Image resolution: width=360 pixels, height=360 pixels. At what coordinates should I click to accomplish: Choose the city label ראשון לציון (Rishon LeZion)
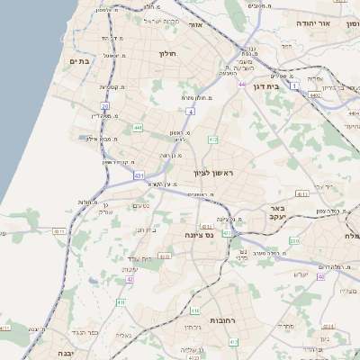click(213, 172)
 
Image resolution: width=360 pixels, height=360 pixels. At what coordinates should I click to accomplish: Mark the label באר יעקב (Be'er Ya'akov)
click(276, 212)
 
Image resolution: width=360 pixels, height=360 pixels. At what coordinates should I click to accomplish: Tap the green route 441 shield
click(137, 128)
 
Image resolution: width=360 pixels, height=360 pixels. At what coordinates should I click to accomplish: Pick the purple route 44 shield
click(243, 85)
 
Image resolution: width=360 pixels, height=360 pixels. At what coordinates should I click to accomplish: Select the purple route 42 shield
click(130, 280)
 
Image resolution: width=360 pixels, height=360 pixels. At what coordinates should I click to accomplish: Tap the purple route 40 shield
click(319, 277)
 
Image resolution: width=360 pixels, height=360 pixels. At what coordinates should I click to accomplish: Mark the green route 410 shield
click(234, 342)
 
